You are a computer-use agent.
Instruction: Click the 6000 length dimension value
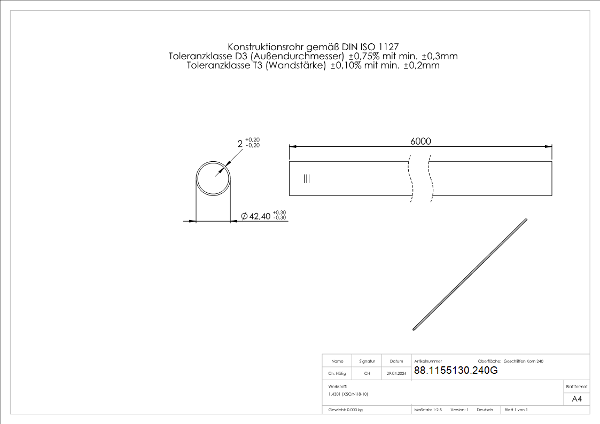click(x=420, y=141)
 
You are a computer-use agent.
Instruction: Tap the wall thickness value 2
click(x=240, y=143)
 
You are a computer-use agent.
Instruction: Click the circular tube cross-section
click(x=213, y=178)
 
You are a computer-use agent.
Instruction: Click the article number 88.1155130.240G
click(x=456, y=371)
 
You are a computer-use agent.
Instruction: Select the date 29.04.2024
click(x=396, y=374)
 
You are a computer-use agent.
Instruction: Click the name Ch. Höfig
click(x=337, y=374)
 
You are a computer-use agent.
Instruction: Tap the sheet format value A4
click(x=576, y=399)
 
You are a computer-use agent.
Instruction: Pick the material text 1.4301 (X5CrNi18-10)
click(x=348, y=394)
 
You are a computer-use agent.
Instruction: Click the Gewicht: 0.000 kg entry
click(x=346, y=410)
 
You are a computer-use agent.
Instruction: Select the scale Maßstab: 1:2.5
click(x=428, y=410)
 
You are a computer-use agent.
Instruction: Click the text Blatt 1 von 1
click(x=516, y=410)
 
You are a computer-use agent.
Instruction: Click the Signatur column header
click(x=367, y=362)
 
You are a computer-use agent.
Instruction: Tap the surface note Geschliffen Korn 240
click(x=523, y=362)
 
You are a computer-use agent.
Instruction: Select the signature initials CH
click(x=367, y=374)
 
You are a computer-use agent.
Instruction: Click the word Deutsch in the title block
click(x=485, y=410)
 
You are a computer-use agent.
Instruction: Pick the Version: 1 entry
click(x=459, y=410)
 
